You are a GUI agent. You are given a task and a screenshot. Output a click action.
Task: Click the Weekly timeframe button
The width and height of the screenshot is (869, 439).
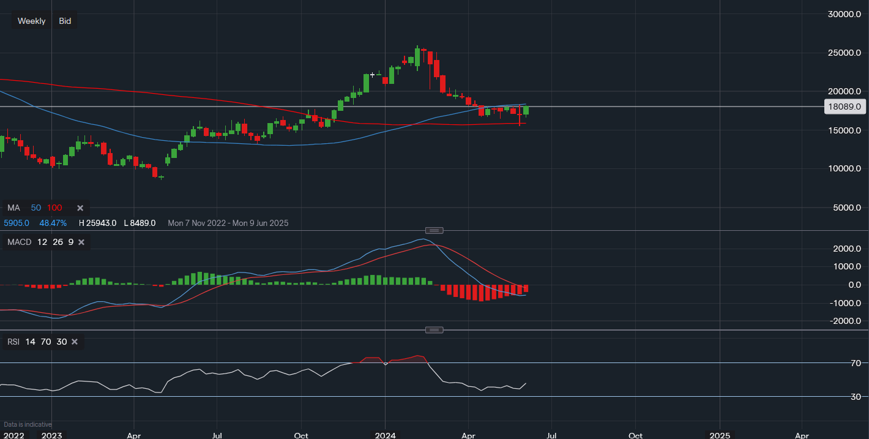[x=31, y=21]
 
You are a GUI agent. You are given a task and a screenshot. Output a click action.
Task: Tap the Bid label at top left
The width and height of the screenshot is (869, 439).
[x=65, y=21]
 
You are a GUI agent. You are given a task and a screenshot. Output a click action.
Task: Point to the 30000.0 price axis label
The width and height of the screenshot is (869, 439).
[x=844, y=14]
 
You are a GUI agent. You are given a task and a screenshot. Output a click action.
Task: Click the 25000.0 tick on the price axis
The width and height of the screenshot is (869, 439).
[x=844, y=53]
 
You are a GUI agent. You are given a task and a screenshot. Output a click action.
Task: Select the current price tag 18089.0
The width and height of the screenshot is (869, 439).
[x=844, y=107]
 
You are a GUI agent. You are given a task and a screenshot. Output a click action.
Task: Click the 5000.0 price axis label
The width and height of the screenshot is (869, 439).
[x=846, y=208]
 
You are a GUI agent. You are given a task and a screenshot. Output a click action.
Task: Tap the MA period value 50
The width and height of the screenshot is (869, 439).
[x=36, y=208]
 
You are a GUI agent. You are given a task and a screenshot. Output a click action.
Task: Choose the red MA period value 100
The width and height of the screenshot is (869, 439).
[x=54, y=208]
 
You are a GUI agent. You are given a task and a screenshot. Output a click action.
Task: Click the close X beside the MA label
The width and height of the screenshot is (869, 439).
[x=80, y=208]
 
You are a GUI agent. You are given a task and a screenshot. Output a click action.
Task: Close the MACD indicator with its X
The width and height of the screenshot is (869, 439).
[x=81, y=242]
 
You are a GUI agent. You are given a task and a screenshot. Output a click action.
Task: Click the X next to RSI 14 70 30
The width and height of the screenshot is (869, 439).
[x=75, y=342]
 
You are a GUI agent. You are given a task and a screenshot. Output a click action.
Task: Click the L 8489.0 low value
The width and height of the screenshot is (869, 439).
[x=140, y=223]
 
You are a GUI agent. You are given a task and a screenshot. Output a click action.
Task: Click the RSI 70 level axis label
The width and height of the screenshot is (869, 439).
[x=856, y=363]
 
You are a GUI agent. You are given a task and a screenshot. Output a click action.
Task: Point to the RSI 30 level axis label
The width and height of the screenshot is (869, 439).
[x=856, y=397]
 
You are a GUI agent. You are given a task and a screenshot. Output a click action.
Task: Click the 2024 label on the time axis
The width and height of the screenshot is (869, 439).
[x=385, y=435]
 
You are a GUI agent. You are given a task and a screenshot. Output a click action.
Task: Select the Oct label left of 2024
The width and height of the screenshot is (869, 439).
[x=300, y=435]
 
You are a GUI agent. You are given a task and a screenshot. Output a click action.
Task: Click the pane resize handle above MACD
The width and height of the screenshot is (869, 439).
[x=434, y=230]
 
